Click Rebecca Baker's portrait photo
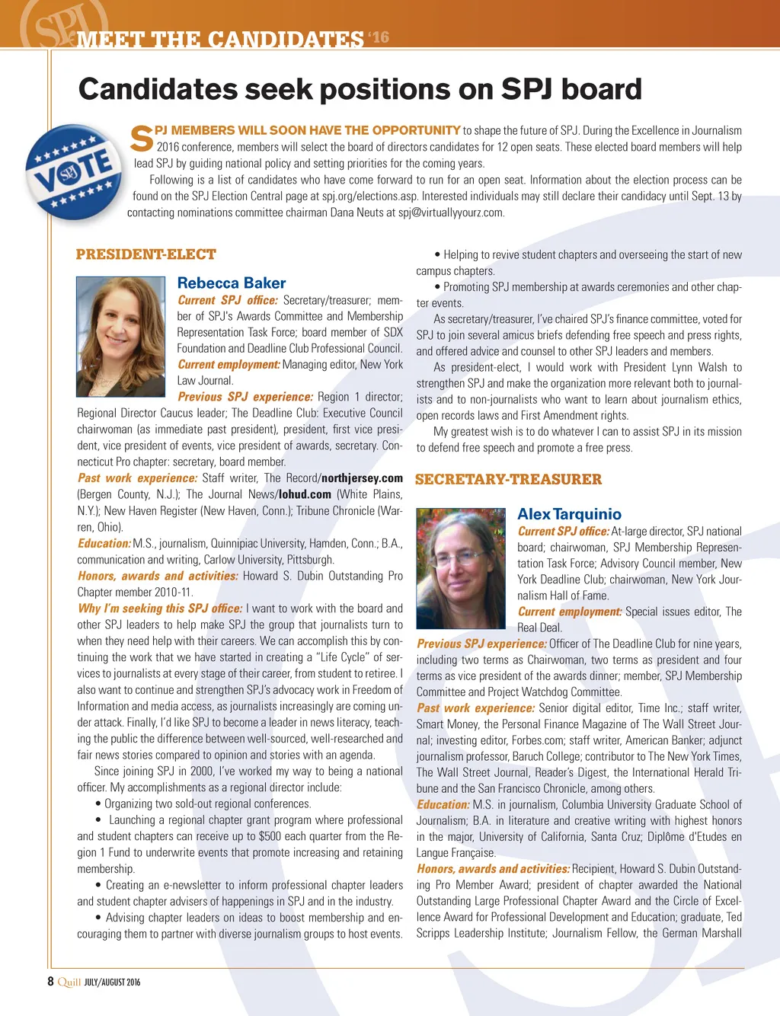[x=121, y=336]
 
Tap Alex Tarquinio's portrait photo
[x=461, y=567]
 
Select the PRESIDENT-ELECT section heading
[x=146, y=254]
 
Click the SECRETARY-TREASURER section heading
[x=508, y=479]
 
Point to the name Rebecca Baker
[x=232, y=283]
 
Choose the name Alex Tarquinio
[x=569, y=514]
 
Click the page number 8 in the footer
[x=51, y=982]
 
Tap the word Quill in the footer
[x=69, y=982]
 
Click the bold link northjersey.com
[x=362, y=478]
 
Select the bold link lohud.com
[x=305, y=494]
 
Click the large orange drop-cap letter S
[x=142, y=138]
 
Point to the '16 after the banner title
[x=379, y=37]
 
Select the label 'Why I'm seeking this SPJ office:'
[x=160, y=609]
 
